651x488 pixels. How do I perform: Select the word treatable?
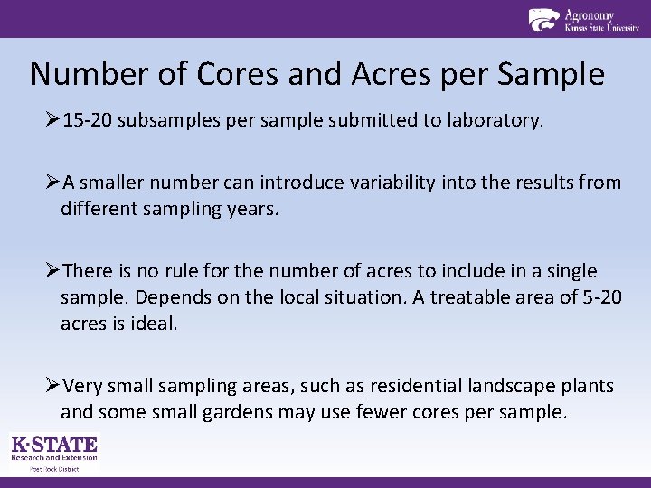point(479,297)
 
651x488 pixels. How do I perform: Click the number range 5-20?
point(598,297)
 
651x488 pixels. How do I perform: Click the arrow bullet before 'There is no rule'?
point(52,271)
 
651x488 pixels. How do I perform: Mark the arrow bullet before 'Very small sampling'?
point(52,386)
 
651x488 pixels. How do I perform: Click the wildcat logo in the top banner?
point(543,19)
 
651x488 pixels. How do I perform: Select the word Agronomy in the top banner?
point(590,14)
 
